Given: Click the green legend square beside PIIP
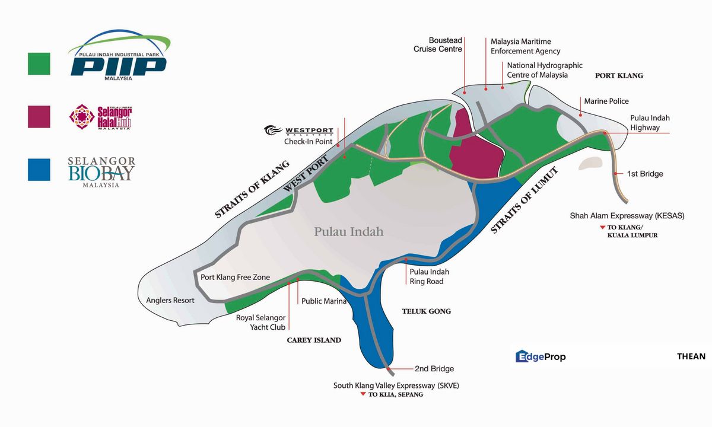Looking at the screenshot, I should [x=39, y=63].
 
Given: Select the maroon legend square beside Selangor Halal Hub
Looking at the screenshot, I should [x=39, y=116].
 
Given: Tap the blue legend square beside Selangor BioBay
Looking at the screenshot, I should [x=39, y=169].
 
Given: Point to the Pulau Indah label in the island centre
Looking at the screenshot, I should [x=349, y=231].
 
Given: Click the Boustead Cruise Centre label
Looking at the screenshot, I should [x=438, y=45].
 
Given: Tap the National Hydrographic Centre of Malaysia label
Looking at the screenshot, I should [x=545, y=70].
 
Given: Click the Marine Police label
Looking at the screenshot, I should [x=606, y=101].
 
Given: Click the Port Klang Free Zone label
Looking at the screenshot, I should [x=235, y=277].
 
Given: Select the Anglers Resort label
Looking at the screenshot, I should [x=170, y=300].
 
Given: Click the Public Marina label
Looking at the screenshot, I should [x=324, y=301].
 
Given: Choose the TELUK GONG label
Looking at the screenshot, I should [x=426, y=311].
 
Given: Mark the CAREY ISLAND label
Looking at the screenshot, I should [x=314, y=340].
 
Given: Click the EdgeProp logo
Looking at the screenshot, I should [x=540, y=356].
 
